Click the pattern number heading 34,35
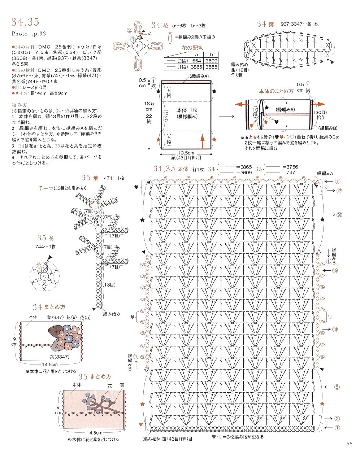click(25, 22)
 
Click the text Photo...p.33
click(29, 34)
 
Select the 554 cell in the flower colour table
click(196, 61)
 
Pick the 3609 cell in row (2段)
click(212, 61)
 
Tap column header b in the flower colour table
click(212, 55)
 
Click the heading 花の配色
click(192, 48)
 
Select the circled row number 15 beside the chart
click(335, 270)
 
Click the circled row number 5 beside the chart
click(337, 387)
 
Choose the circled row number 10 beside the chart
click(335, 329)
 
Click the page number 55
click(349, 444)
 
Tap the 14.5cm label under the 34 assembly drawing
click(50, 364)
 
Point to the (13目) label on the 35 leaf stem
click(109, 285)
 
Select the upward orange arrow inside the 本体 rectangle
click(202, 140)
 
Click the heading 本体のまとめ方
click(276, 91)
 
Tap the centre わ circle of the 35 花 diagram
click(44, 276)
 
